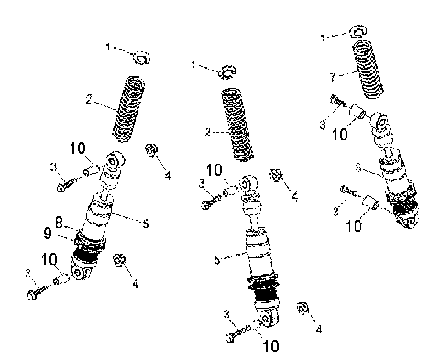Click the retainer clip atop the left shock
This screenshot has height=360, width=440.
click(x=142, y=59)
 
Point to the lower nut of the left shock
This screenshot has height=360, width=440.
click(x=119, y=262)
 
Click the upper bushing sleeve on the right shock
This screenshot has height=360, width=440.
click(x=357, y=113)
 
